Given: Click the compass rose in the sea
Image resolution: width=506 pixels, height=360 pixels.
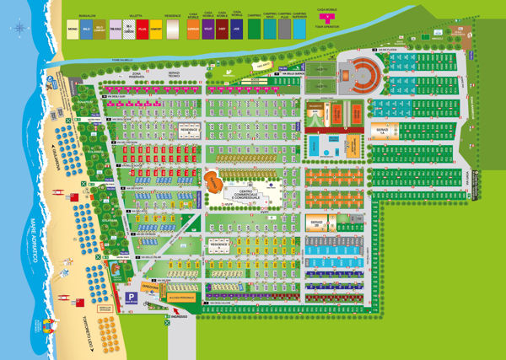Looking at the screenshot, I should [x=19, y=28].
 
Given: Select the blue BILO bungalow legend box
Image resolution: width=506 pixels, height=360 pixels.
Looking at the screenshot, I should [x=88, y=27].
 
